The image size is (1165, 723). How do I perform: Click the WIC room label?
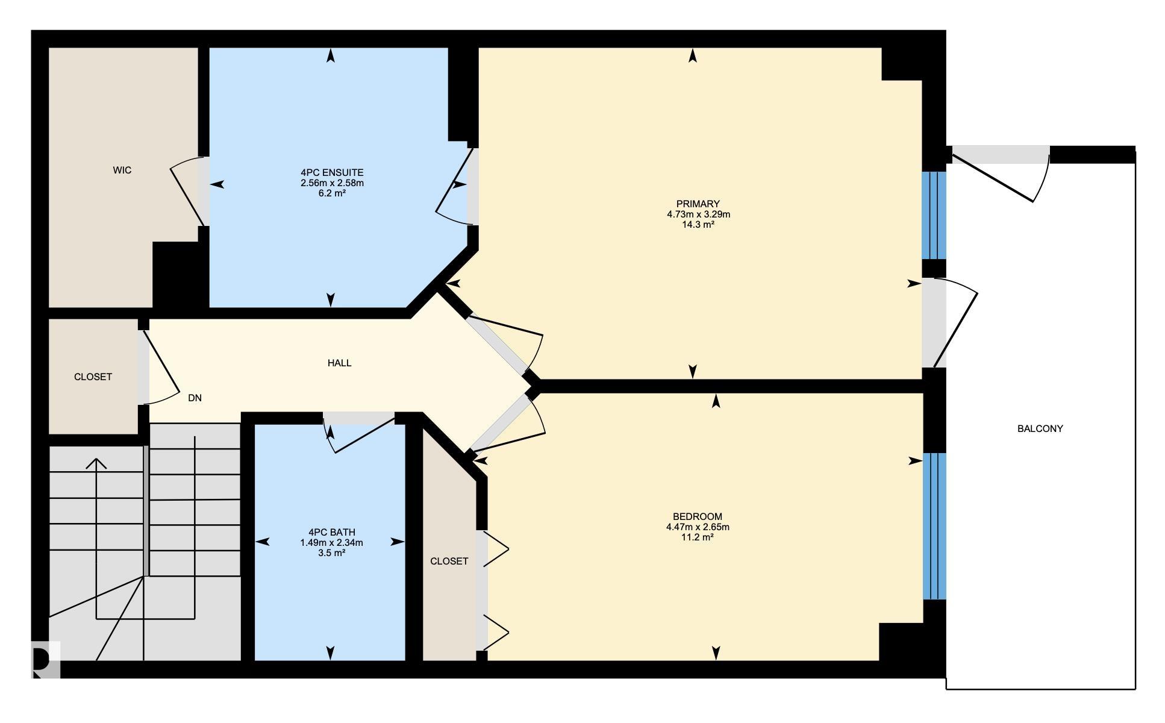[122, 171]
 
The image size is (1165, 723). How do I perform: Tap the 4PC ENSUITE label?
[332, 173]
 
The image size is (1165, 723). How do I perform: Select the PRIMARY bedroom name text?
[698, 204]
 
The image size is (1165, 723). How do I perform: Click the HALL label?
[339, 363]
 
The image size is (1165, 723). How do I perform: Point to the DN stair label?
[195, 398]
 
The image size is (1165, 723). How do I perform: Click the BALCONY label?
[1040, 429]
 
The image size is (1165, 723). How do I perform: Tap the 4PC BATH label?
[331, 533]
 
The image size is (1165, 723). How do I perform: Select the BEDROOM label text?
[697, 517]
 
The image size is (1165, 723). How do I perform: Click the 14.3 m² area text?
[698, 225]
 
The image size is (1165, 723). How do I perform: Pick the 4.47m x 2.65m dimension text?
[697, 527]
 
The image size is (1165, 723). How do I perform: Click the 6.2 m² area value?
[332, 193]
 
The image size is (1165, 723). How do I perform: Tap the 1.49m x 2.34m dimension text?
[331, 543]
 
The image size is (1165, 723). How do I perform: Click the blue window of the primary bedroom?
[934, 215]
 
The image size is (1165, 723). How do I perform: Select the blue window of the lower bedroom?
[934, 526]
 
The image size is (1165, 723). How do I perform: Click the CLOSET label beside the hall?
[93, 377]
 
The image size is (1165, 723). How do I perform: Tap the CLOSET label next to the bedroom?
[449, 562]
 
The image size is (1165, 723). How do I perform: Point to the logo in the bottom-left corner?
[46, 660]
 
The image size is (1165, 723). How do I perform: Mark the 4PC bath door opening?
[359, 418]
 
